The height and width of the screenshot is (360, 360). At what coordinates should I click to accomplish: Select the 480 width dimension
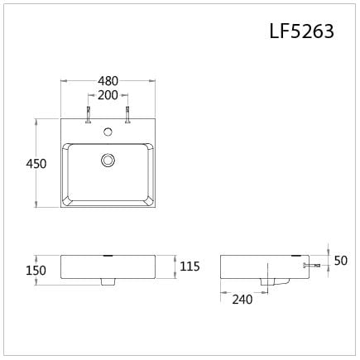click(x=108, y=81)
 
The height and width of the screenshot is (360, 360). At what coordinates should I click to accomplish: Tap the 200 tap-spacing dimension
click(x=108, y=96)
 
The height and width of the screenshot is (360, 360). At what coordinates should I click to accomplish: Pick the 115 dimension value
click(x=190, y=266)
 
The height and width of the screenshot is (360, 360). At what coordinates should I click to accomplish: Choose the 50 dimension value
click(x=339, y=262)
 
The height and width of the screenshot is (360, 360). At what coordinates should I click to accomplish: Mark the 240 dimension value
click(x=242, y=300)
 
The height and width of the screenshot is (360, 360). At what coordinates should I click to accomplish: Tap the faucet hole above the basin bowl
click(x=108, y=132)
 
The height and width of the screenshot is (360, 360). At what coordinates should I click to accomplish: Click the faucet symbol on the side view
click(x=313, y=266)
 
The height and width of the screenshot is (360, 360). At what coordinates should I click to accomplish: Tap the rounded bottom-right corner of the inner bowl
click(x=148, y=202)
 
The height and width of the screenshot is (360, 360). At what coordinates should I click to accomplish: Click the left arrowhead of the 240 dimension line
click(x=222, y=291)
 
